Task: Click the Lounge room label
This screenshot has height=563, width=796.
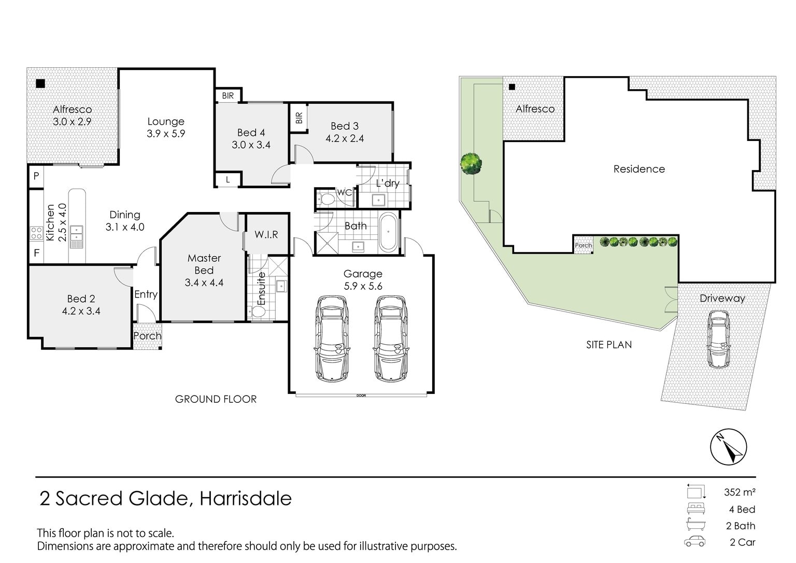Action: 166,121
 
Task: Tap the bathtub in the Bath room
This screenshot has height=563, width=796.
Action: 388,232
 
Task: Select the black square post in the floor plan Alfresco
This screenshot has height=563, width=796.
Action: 40,84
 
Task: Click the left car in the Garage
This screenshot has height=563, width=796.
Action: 332,339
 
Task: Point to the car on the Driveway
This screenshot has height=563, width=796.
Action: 719,340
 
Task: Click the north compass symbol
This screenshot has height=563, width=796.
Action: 729,447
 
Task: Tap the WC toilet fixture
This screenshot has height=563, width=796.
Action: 325,200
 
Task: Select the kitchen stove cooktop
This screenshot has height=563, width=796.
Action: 37,233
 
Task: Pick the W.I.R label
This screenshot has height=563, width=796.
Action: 266,234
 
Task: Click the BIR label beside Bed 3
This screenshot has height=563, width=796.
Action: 299,118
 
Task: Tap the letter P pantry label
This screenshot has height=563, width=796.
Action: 36,176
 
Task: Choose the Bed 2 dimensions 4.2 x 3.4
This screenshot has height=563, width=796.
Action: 81,312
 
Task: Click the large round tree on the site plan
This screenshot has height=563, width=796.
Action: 471,163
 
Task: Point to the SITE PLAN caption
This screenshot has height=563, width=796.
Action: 609,345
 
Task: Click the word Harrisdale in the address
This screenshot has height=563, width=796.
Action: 246,498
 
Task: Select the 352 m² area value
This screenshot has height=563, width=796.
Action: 740,492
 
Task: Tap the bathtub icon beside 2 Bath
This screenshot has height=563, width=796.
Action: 696,524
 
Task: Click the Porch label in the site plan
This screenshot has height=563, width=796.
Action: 584,245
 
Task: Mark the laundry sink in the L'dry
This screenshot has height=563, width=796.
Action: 378,200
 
